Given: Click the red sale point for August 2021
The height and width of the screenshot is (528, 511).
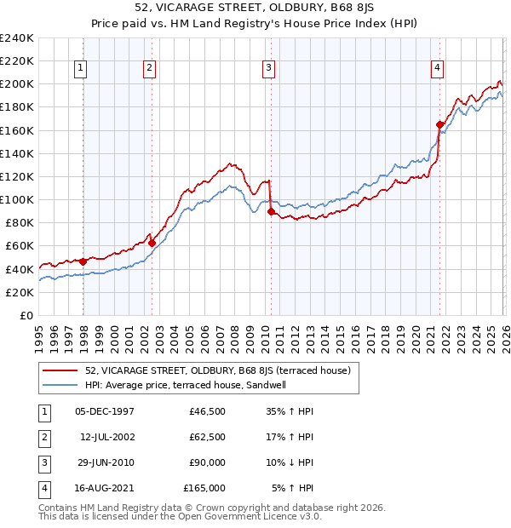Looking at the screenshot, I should (440, 124).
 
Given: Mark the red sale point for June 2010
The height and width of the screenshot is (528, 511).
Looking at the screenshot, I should (271, 211).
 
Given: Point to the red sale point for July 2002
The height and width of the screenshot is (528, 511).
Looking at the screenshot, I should (152, 243).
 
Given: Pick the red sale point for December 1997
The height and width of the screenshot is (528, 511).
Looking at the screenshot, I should (83, 261).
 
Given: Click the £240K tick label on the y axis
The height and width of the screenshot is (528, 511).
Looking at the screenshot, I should (17, 38).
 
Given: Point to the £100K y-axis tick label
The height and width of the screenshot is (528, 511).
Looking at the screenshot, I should (17, 199).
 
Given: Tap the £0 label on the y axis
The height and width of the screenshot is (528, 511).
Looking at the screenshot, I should (26, 315).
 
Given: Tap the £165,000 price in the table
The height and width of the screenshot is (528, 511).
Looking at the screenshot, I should (204, 488).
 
